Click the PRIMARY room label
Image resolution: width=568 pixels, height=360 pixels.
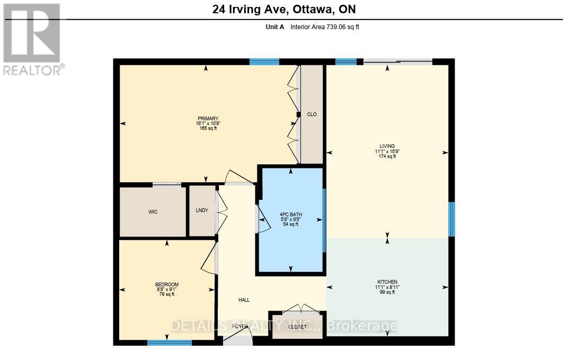[x=208, y=119]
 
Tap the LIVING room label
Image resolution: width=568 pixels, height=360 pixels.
[x=387, y=146]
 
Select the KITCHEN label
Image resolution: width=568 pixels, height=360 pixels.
[x=387, y=282]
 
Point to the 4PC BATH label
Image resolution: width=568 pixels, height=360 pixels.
[x=290, y=215]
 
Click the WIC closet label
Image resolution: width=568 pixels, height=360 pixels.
[x=153, y=212]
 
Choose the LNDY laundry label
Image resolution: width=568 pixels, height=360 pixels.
[x=202, y=210]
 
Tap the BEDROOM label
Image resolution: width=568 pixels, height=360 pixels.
[x=167, y=285]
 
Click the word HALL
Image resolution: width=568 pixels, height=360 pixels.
[x=244, y=300]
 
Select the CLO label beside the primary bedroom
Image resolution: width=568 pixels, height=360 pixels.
[x=312, y=115]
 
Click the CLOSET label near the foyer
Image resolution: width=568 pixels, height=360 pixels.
[x=297, y=327]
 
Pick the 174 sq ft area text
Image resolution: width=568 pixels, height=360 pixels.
[x=387, y=156]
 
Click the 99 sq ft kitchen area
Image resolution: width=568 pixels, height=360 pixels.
[x=387, y=292]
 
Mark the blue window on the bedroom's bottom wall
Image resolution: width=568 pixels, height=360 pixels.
[x=169, y=343]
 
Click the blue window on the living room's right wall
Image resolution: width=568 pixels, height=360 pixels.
[x=451, y=219]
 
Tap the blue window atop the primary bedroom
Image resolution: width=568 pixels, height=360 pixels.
[x=264, y=62]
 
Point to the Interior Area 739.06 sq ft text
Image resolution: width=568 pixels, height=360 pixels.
[x=324, y=27]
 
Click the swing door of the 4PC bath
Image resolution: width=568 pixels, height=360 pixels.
[x=263, y=219]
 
